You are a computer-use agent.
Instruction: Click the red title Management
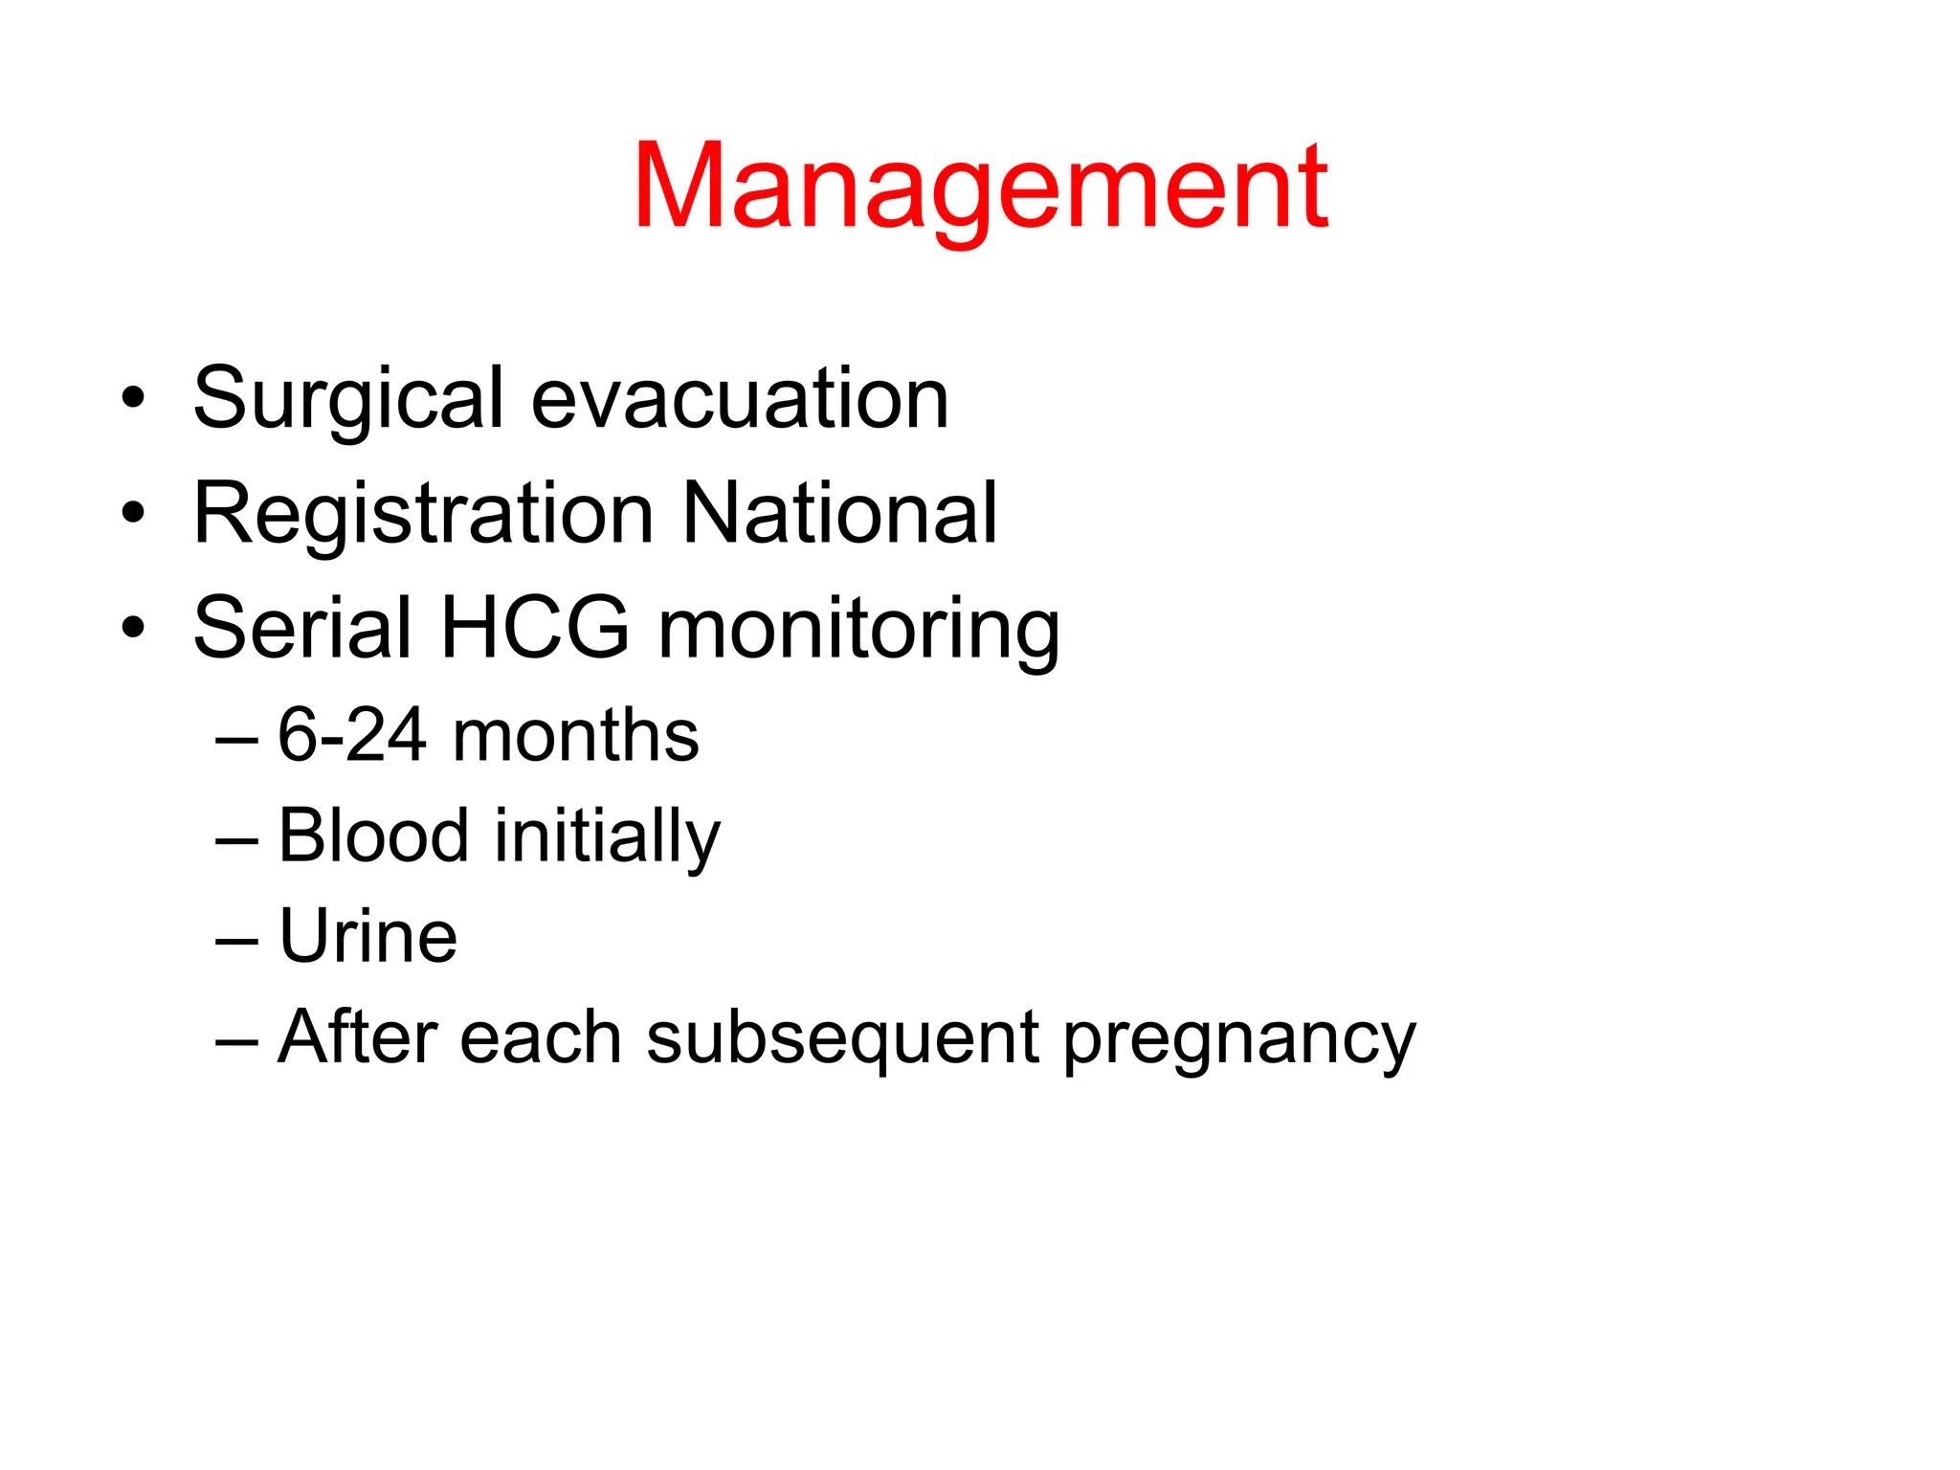click(979, 188)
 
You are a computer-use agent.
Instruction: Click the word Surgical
click(347, 399)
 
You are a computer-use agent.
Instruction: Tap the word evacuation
click(739, 399)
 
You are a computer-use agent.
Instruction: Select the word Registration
click(422, 515)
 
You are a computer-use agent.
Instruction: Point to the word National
click(839, 513)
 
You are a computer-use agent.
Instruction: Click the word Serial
click(301, 629)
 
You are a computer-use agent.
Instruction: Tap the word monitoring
click(858, 632)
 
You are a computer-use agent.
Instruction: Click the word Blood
click(373, 835)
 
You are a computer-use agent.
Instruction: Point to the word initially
click(607, 838)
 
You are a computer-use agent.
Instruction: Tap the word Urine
click(367, 936)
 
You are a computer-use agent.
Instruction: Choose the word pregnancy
click(1238, 1041)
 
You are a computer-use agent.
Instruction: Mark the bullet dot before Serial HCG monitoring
click(133, 628)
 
